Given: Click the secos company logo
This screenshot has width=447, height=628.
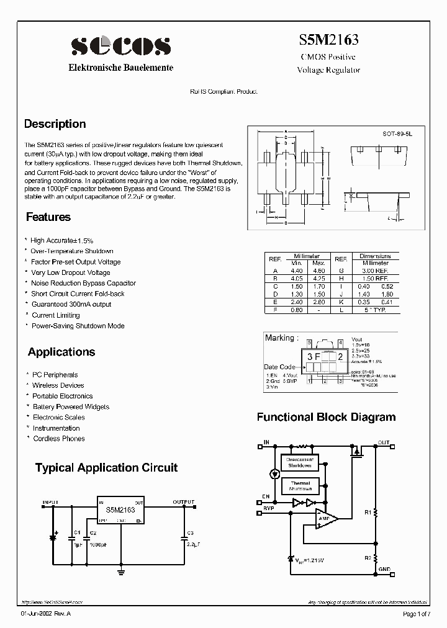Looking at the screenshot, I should (120, 47).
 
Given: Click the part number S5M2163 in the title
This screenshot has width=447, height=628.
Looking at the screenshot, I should (328, 40).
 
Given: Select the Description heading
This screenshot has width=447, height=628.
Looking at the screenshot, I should (55, 124).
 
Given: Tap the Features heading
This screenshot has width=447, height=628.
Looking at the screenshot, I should (48, 217).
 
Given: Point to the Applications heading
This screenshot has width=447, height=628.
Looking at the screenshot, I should (61, 352).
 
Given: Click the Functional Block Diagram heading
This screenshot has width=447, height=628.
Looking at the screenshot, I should (326, 417).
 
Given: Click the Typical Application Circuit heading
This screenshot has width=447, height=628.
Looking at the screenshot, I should (106, 467).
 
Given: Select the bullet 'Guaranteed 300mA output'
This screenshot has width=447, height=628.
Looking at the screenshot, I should (71, 304).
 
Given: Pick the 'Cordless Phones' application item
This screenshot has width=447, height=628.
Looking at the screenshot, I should (59, 439).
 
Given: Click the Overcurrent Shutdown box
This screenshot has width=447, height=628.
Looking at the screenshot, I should (299, 462).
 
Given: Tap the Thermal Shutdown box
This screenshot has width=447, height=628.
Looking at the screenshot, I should (300, 485).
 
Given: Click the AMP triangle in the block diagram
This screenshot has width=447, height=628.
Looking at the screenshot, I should (324, 518).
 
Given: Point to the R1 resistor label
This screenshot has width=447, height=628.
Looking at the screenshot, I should (368, 513).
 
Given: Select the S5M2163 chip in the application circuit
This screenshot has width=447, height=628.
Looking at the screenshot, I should (121, 510).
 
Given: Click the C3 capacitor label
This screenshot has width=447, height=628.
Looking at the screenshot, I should (190, 533).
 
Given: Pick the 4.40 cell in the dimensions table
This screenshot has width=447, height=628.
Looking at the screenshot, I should (296, 271).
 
